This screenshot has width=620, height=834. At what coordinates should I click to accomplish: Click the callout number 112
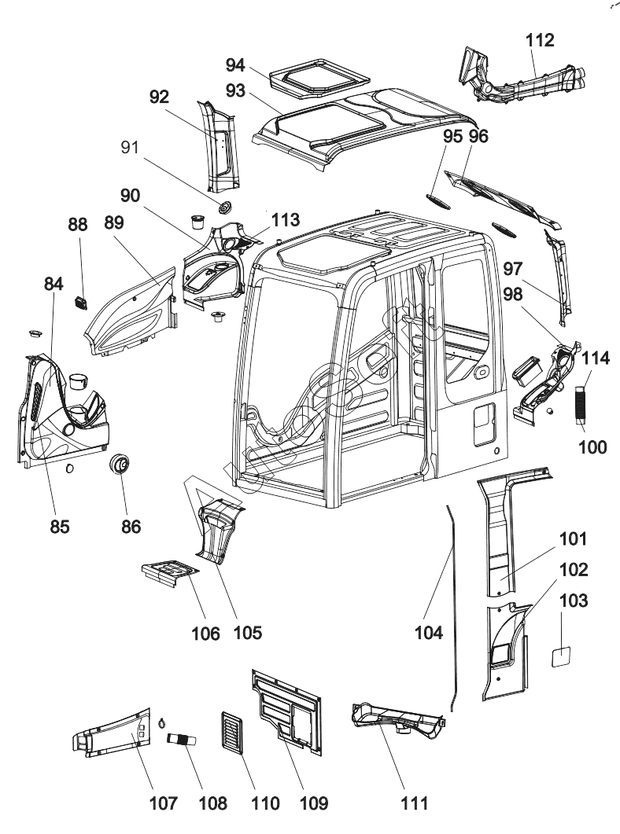pyautogui.click(x=543, y=39)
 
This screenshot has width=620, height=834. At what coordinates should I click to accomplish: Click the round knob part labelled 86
pyautogui.click(x=120, y=466)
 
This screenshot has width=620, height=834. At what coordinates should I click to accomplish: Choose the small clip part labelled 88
pyautogui.click(x=79, y=301)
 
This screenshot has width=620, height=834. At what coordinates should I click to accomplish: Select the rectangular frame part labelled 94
pyautogui.click(x=319, y=76)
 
